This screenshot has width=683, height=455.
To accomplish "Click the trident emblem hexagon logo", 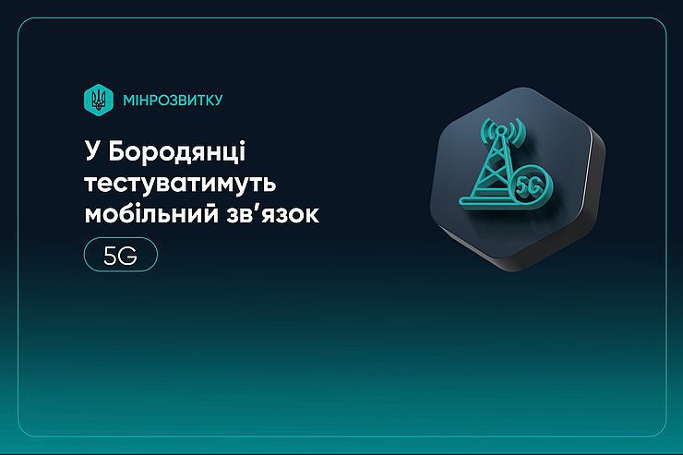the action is [99, 100].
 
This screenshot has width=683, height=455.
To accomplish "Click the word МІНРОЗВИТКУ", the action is [173, 101].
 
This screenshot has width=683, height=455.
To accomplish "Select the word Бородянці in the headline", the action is [177, 152].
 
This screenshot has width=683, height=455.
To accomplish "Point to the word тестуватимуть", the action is [180, 184].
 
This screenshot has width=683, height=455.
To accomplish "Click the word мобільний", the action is [151, 213].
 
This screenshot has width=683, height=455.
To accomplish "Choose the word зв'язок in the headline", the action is [272, 215].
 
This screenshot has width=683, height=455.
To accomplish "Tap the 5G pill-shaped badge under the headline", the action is [121, 255].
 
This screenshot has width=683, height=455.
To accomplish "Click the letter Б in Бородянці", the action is [117, 151].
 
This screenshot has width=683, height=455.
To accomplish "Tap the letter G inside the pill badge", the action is [128, 256].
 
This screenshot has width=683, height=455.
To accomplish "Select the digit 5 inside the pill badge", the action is [111, 256].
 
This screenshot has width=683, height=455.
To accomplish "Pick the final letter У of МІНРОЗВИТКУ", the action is [218, 101].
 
